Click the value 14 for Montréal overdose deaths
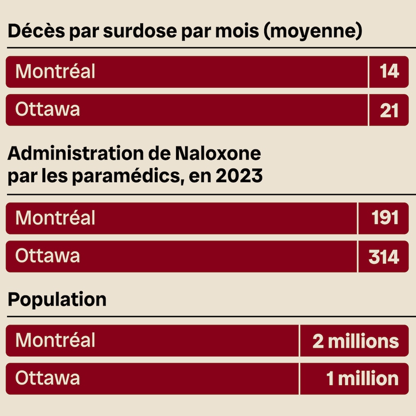(x=389, y=72)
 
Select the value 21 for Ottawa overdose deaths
(x=389, y=110)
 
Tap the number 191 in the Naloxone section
(x=384, y=218)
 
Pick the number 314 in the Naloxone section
(x=384, y=257)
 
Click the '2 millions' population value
(x=356, y=341)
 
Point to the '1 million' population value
(x=362, y=379)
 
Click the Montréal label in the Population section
(x=55, y=340)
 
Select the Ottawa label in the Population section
(x=47, y=378)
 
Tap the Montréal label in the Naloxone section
(x=55, y=218)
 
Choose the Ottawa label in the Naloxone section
(x=47, y=256)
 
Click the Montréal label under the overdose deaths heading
(x=55, y=72)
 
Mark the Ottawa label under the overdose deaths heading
(x=47, y=109)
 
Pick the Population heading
(x=57, y=300)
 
